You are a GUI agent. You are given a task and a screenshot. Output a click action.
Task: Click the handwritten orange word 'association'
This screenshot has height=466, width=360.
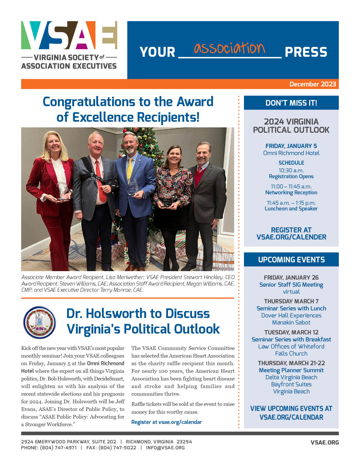[x=229, y=48]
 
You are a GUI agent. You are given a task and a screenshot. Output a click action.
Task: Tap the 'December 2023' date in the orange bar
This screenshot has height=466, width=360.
[x=312, y=84]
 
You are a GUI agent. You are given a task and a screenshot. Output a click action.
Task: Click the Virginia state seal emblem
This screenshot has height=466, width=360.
[x=40, y=322]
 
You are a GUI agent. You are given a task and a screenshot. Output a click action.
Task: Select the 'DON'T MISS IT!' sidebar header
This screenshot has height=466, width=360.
[x=291, y=103]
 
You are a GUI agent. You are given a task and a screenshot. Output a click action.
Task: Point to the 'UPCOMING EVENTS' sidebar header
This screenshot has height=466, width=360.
[x=291, y=260]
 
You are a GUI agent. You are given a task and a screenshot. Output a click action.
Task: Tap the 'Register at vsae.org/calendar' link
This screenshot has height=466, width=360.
[x=167, y=422]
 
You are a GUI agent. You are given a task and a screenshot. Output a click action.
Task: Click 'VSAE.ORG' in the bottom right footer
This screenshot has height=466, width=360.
[x=324, y=443]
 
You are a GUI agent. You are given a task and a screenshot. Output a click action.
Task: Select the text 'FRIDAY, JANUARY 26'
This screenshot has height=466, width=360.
[x=291, y=278]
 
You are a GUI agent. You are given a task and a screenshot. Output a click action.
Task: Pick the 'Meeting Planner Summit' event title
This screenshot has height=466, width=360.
[x=291, y=370]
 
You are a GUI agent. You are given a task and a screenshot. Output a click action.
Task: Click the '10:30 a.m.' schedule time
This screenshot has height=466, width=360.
[x=291, y=170]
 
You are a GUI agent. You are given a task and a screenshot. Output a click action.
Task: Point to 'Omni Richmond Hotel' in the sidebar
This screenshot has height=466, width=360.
[x=291, y=153]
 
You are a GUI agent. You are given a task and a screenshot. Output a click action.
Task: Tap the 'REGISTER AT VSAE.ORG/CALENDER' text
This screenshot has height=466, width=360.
[x=291, y=234]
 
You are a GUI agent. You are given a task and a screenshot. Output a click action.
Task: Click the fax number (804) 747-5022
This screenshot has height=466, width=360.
[x=117, y=448]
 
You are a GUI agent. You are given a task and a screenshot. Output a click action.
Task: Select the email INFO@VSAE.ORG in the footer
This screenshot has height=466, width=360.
[x=165, y=448]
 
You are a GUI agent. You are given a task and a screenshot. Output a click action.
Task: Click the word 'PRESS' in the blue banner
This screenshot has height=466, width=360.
[x=306, y=52]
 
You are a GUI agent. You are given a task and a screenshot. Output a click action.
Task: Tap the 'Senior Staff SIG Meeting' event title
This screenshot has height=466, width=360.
[x=291, y=285]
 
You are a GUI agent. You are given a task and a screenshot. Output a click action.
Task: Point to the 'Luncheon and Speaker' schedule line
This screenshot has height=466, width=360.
[x=291, y=209]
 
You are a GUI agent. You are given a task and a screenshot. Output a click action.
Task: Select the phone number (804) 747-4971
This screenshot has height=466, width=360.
[x=58, y=448]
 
